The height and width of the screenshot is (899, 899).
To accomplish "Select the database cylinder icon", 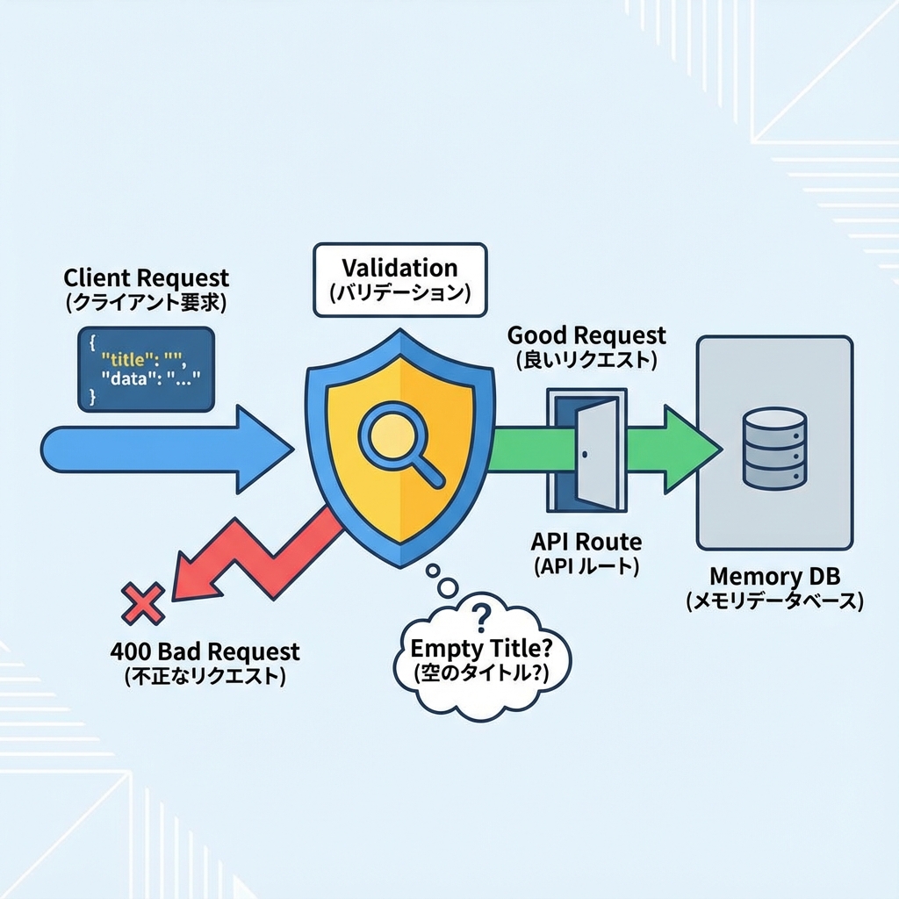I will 773,448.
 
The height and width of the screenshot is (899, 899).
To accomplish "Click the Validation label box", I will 399,279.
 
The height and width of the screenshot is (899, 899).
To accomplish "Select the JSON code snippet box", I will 146,369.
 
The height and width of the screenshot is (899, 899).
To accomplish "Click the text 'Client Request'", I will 146,278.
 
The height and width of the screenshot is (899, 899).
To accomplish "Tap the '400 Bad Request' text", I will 205,651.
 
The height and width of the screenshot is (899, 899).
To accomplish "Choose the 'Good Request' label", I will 586,334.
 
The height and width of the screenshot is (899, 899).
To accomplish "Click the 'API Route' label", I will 586,541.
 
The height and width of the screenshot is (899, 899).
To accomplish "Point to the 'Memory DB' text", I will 774,577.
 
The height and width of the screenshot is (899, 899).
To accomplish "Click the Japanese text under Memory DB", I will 774,601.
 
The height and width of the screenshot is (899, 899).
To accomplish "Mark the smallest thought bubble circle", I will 432,572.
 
